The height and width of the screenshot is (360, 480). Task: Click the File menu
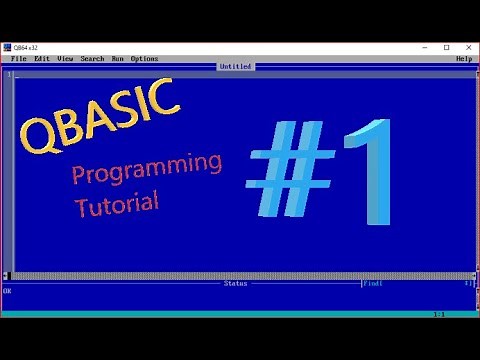coord(19,58)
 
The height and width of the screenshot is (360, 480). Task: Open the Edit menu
coord(42,58)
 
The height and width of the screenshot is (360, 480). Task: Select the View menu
coord(66,58)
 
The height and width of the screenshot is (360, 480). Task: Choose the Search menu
coord(92,58)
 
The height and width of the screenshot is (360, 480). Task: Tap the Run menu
coord(117,58)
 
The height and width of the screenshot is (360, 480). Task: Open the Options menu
coord(144,58)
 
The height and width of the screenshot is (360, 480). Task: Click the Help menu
coord(463,58)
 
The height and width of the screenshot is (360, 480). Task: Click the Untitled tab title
coord(236,67)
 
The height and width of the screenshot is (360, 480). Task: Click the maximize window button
coord(446,47)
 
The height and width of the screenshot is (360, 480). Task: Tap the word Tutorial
coord(116,203)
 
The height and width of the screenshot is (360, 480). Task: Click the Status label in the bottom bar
coord(235,283)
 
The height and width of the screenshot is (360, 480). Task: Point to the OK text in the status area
coord(7,291)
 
